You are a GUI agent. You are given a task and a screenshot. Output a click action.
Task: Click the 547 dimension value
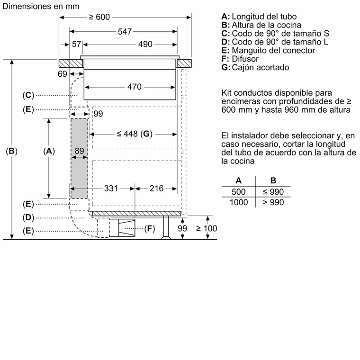(124, 31)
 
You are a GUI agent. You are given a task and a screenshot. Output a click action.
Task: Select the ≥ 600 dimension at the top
(99, 17)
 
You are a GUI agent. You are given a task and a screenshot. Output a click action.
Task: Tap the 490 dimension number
(145, 44)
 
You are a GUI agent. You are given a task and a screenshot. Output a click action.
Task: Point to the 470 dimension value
(135, 87)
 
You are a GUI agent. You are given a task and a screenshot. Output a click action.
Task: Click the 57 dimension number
(77, 44)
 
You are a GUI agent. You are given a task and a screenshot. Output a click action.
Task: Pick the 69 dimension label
(63, 74)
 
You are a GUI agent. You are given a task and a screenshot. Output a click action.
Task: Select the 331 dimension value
(111, 189)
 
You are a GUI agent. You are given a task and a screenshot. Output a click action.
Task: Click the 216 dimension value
(156, 189)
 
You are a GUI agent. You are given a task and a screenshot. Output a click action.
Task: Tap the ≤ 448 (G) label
(134, 134)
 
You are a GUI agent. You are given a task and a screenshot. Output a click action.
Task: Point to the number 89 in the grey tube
(80, 152)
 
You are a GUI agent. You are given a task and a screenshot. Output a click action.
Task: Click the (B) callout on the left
(11, 152)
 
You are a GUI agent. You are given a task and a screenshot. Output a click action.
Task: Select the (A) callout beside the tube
(49, 152)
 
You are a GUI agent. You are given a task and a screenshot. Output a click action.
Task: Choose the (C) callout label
(28, 95)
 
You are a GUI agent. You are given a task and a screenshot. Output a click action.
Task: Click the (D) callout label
(28, 217)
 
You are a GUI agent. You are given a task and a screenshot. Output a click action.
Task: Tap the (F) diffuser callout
(150, 229)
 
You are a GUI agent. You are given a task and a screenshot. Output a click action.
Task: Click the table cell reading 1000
(239, 203)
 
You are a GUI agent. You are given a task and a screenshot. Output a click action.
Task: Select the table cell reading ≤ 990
(273, 192)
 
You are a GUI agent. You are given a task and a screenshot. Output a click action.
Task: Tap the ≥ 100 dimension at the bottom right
(207, 228)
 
